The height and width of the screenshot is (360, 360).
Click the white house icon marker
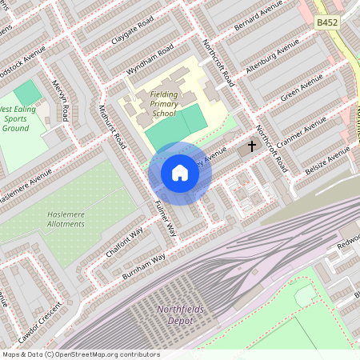(179, 173)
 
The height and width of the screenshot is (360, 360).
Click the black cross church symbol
(252, 146)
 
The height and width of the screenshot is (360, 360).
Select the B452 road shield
(326, 23)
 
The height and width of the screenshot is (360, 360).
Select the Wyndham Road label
(150, 62)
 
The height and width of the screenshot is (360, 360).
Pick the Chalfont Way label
(124, 242)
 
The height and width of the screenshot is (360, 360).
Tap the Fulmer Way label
(165, 216)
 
